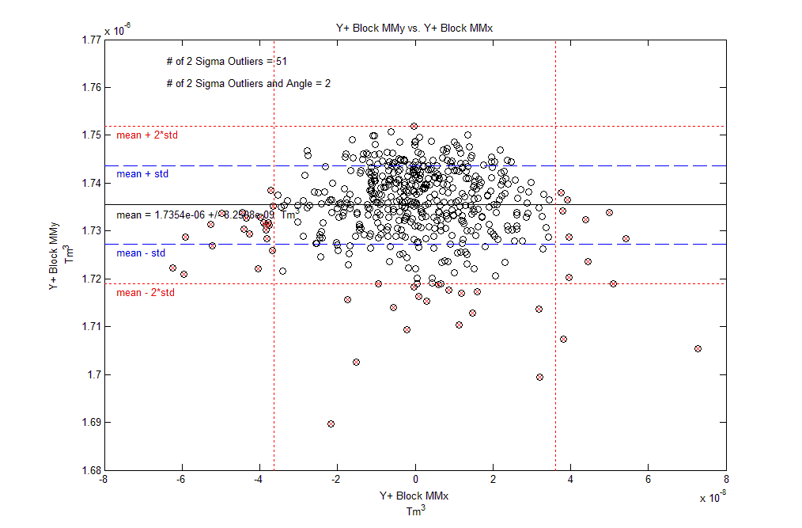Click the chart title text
[x=414, y=28]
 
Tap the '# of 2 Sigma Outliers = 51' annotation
[x=221, y=61]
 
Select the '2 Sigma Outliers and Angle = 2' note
[x=248, y=83]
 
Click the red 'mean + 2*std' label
[x=147, y=135]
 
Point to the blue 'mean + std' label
[x=142, y=173]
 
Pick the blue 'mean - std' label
[x=141, y=253]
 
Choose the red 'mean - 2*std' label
[x=146, y=293]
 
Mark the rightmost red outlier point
[x=698, y=348]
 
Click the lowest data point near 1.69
[x=331, y=424]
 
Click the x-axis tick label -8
[x=103, y=480]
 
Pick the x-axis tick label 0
[x=415, y=480]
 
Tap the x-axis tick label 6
[x=649, y=480]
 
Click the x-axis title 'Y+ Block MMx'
[x=414, y=496]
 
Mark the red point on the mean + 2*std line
[x=414, y=126]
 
